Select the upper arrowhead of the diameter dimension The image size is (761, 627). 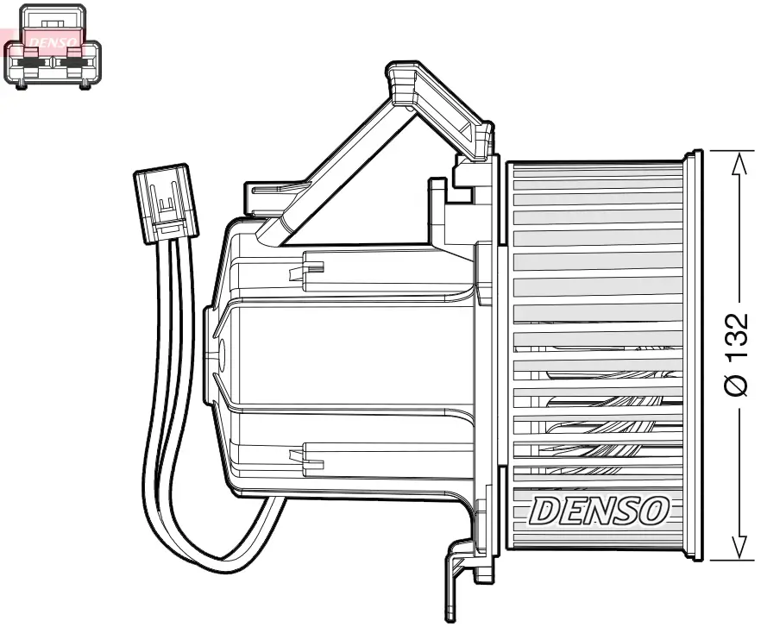(x=736, y=163)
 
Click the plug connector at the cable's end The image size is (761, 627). (x=166, y=202)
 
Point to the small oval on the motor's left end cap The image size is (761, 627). (x=218, y=353)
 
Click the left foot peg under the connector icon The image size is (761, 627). (x=22, y=84)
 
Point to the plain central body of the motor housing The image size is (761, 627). (x=345, y=354)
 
